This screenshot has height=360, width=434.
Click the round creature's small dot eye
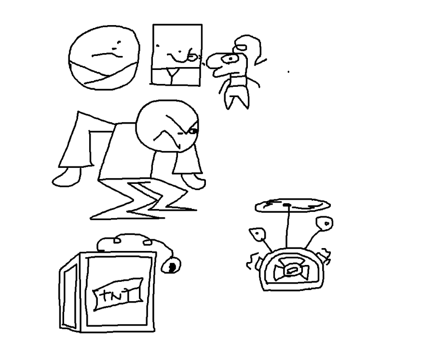click(119, 42)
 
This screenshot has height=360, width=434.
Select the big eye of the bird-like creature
click(231, 59)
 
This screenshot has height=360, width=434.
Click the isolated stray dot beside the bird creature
click(288, 72)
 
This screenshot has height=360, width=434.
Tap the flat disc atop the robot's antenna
click(292, 206)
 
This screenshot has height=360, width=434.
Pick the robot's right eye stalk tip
click(325, 223)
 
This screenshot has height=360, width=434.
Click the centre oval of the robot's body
click(291, 270)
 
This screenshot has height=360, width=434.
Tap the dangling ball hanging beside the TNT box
click(171, 265)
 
